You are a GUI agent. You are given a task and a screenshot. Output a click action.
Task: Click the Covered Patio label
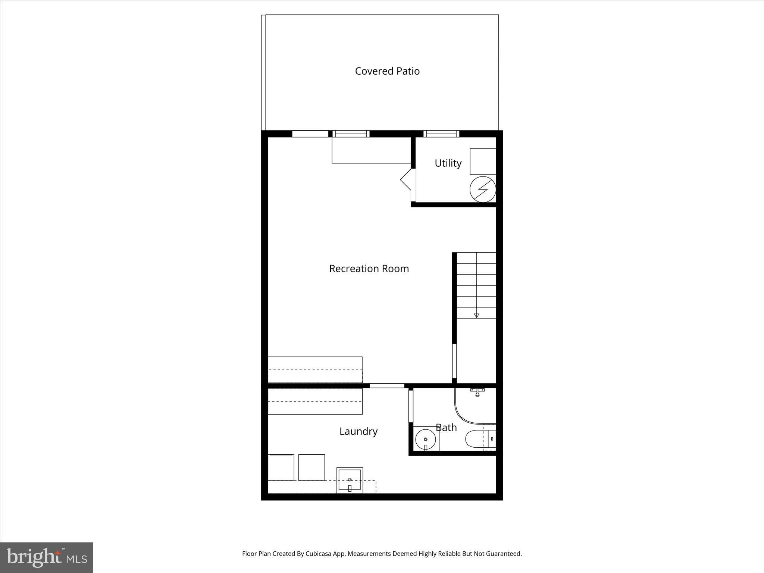[387, 71]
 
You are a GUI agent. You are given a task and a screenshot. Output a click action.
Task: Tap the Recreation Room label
[369, 269]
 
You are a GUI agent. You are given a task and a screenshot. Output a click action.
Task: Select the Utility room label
[448, 163]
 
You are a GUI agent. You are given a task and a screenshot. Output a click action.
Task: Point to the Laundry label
[358, 432]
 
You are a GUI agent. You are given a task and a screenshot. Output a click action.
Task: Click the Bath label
[446, 428]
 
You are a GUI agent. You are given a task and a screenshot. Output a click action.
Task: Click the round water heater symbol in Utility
[483, 189]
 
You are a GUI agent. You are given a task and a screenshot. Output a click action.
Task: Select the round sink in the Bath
[426, 439]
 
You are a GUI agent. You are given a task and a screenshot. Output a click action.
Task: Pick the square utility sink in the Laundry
[350, 480]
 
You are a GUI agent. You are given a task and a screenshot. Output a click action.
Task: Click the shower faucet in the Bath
[477, 392]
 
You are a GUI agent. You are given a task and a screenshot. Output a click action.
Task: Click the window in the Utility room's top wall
[441, 134]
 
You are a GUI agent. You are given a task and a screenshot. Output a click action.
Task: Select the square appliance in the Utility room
[483, 162]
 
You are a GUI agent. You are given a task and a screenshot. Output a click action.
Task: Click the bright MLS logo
[47, 558]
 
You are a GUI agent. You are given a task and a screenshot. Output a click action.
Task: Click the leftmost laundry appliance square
[281, 467]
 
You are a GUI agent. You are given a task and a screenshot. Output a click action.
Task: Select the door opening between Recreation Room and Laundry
[387, 386]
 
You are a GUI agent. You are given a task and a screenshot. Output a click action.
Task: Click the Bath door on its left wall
[411, 406]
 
